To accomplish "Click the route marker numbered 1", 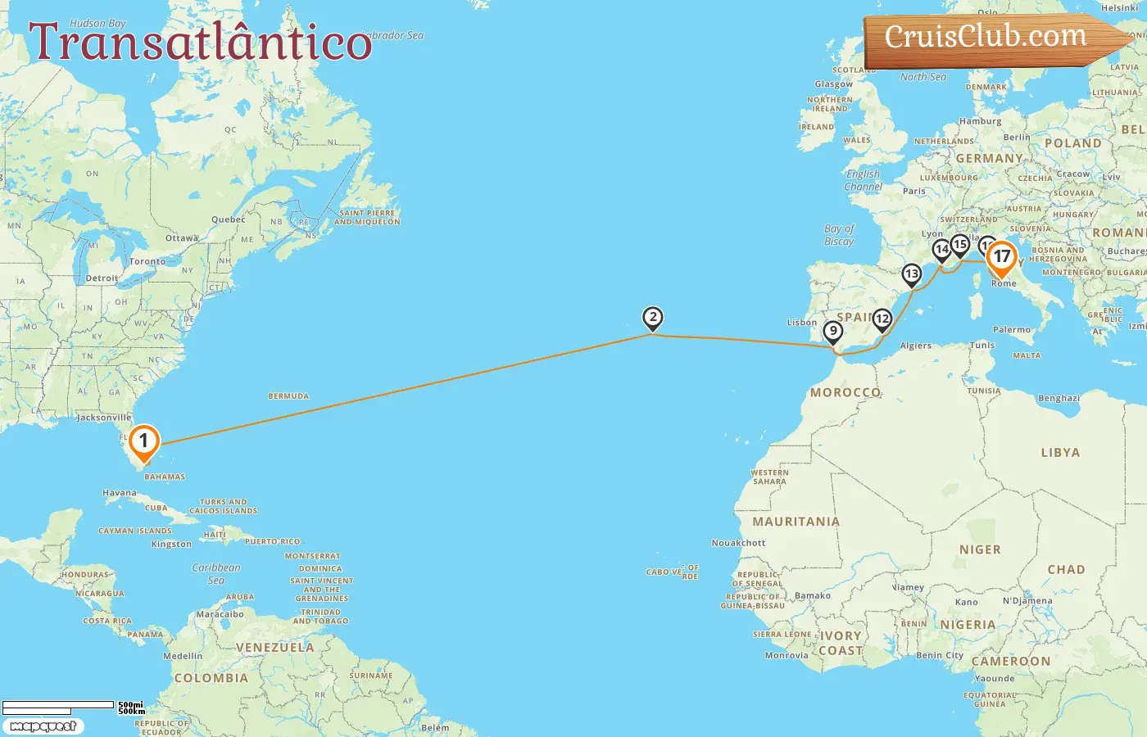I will [143, 441].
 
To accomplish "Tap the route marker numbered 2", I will [652, 318].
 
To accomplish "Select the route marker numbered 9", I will [832, 332].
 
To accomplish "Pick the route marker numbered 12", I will [882, 319].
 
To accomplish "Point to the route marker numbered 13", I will [911, 274].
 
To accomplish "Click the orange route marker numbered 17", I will [1001, 257].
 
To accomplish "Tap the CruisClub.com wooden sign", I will [991, 38].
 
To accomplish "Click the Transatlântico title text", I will [201, 43].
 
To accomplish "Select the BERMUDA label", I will [288, 396].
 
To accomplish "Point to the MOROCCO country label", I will [846, 393].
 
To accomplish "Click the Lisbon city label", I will [802, 323].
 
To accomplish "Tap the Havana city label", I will [120, 493].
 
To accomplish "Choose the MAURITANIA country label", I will [796, 522].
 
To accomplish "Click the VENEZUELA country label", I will [274, 648].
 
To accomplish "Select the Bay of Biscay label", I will [839, 235].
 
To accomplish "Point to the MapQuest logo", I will [43, 726].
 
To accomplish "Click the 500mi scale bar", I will [59, 705].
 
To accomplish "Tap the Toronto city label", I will [147, 261].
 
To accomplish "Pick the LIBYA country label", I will [1060, 453].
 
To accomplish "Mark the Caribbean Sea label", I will [216, 573].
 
